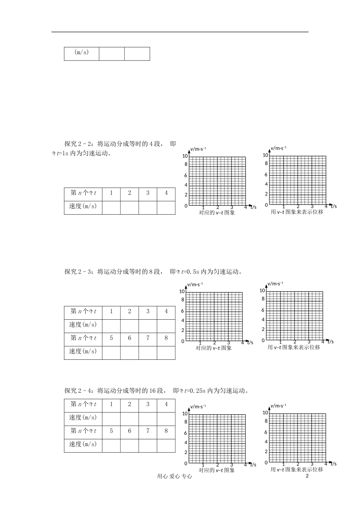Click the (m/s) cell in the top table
coord(81,53)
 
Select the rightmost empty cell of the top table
coord(137,54)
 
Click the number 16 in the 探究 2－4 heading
coord(152,390)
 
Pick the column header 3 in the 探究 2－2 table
coord(148,193)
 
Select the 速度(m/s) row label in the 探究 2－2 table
coord(83,206)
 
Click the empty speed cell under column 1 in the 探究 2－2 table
coord(111,208)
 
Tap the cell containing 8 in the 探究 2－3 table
coord(166,338)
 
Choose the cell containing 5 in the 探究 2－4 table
coord(111,431)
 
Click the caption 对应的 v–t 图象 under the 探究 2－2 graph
coord(217,213)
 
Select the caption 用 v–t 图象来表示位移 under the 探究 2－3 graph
coord(294,347)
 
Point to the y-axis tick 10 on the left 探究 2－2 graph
coord(185,156)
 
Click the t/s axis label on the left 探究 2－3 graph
coord(250,343)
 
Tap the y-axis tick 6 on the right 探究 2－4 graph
coord(266,432)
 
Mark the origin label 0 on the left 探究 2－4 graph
coord(186,464)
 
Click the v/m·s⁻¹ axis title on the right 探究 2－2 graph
coord(278,148)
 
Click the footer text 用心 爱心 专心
coord(174,477)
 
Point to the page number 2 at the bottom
coord(307,476)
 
